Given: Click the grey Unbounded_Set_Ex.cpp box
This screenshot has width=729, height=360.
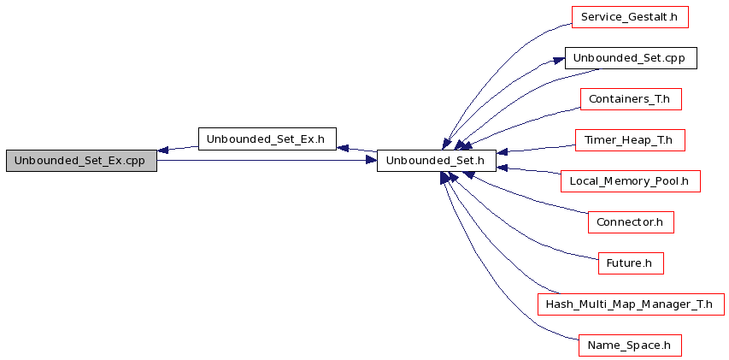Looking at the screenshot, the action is coord(81,161).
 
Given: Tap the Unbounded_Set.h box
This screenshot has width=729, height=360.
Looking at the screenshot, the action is coord(437,161).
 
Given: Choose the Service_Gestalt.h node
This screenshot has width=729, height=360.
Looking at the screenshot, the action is coord(630,17).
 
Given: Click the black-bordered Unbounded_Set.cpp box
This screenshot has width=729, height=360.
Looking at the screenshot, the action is coord(631,58).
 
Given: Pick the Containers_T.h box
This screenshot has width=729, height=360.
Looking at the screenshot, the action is coord(631,99).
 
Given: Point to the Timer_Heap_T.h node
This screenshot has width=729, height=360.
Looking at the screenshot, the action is coord(631,140).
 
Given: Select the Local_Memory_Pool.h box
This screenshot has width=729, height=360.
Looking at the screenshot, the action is coord(631,181).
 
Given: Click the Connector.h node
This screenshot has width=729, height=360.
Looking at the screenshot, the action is coord(631,221).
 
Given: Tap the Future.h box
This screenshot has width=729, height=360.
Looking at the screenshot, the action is coord(631,263).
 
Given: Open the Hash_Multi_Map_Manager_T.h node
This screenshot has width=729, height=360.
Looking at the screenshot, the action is coord(631,304).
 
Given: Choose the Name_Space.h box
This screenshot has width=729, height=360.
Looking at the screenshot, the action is coord(630,345).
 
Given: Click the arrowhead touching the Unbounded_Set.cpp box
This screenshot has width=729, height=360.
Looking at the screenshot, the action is coord(559,61).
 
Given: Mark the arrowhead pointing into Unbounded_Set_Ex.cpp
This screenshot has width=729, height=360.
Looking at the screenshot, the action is coord(162,150).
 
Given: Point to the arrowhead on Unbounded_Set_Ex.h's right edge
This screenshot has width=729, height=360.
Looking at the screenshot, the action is coord(342,148).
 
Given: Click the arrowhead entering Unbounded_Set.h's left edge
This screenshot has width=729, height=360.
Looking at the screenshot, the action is coord(371,161).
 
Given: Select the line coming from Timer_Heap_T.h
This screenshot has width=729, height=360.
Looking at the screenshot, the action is coord(536,149).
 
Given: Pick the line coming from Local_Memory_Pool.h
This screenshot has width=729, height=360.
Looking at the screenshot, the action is coord(529,170).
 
